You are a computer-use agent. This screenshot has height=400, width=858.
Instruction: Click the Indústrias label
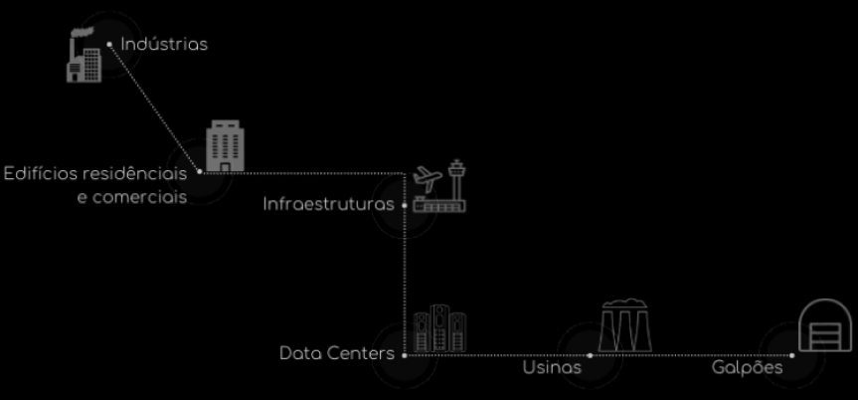point(164,44)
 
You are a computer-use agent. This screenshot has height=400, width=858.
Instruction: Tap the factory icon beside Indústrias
point(85,55)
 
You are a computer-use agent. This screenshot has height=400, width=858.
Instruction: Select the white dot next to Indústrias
point(109,44)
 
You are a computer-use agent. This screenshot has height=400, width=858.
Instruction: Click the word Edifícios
point(40,174)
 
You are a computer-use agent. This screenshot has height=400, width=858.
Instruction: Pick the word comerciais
point(132,197)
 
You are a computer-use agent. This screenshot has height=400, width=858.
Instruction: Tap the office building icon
point(225,145)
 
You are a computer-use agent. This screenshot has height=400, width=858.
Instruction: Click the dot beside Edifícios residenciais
point(200,171)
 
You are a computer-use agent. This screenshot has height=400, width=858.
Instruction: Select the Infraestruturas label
point(328,204)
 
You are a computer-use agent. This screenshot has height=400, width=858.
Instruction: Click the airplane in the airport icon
point(428,178)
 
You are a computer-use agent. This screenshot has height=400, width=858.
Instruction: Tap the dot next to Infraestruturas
point(405,206)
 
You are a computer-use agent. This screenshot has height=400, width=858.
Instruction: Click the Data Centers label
point(336,353)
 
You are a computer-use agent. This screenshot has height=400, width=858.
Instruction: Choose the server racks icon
point(440,328)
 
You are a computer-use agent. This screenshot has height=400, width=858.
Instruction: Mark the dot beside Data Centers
point(405,355)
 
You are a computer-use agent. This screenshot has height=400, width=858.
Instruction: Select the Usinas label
point(552,367)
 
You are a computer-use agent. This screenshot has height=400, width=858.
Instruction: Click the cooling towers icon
point(625,325)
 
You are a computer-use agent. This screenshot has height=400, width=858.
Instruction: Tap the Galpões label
point(747,368)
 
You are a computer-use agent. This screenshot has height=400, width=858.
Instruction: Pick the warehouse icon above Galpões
point(826,325)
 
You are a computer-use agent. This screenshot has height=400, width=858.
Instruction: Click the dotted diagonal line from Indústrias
point(154,107)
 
